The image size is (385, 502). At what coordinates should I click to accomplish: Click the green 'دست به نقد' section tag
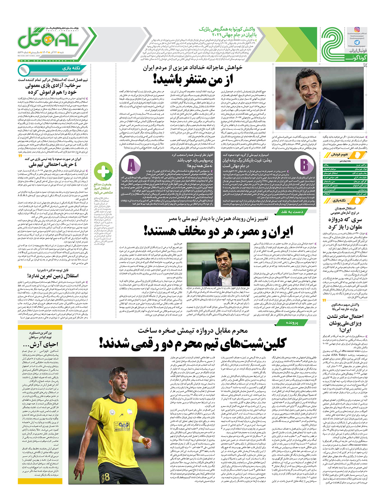[292, 212]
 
